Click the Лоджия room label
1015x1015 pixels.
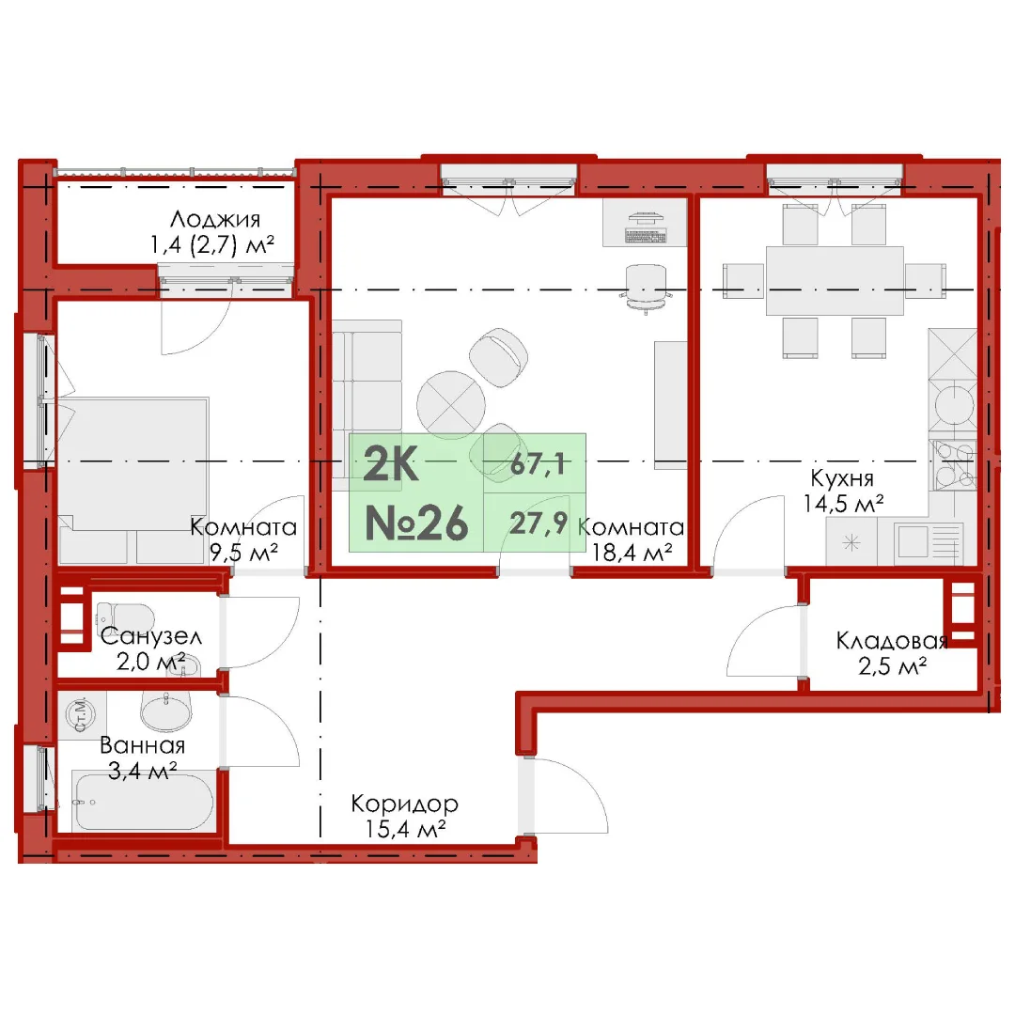pos(215,219)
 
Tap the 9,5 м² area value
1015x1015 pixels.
pos(243,553)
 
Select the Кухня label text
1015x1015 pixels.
pos(842,479)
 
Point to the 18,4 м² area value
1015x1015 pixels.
pos(632,553)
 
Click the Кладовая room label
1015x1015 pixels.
pos(892,640)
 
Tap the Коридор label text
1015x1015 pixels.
pos(404,804)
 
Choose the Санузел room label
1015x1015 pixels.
pos(150,636)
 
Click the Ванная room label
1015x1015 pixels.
pos(143,745)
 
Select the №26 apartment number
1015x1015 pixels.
pos(416,523)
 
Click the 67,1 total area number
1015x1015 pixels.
pos(538,464)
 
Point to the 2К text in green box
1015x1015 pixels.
pos(390,463)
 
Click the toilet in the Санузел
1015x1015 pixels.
pos(125,616)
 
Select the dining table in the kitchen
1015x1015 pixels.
pos(835,280)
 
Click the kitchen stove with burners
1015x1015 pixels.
pos(953,464)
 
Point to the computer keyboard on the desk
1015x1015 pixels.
pos(646,236)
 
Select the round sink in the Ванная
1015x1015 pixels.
pos(166,710)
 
